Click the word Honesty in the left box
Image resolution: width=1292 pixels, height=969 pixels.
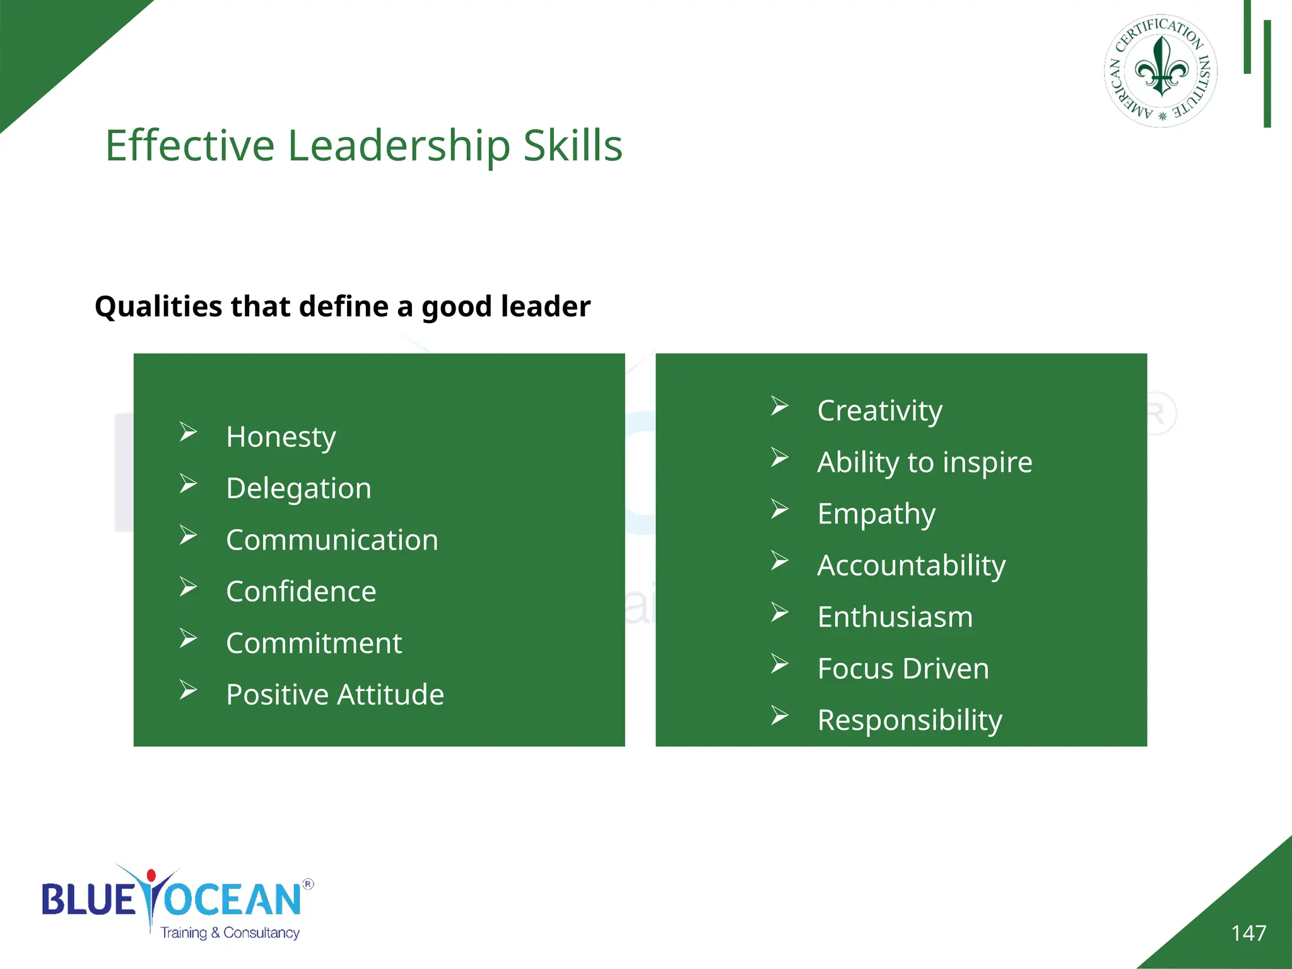point(281,437)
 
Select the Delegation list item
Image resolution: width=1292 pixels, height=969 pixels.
point(298,488)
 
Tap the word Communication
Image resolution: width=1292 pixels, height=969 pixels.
point(332,540)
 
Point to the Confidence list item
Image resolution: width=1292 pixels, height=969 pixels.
point(301,592)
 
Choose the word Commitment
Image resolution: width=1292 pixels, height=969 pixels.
point(314,643)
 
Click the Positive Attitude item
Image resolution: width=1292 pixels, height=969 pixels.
point(335,695)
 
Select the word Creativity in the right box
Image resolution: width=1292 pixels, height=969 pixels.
point(879,411)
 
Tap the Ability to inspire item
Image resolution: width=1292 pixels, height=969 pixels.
point(924,462)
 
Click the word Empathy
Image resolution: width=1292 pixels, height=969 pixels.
point(876,514)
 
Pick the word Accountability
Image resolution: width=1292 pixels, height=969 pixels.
point(911,565)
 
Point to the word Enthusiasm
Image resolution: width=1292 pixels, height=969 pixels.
point(895,617)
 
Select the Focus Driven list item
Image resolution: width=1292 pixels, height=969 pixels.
point(903,669)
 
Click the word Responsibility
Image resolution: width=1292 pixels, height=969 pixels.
point(909,720)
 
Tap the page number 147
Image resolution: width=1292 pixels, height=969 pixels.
point(1248,933)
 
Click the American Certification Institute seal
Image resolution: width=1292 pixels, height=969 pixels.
point(1161,71)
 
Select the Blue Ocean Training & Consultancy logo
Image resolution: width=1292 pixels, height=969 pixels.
point(177,902)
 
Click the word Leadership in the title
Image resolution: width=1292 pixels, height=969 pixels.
point(399,146)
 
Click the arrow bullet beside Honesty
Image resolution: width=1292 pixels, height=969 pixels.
point(188,432)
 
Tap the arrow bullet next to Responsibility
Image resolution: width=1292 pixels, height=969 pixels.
point(780,715)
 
